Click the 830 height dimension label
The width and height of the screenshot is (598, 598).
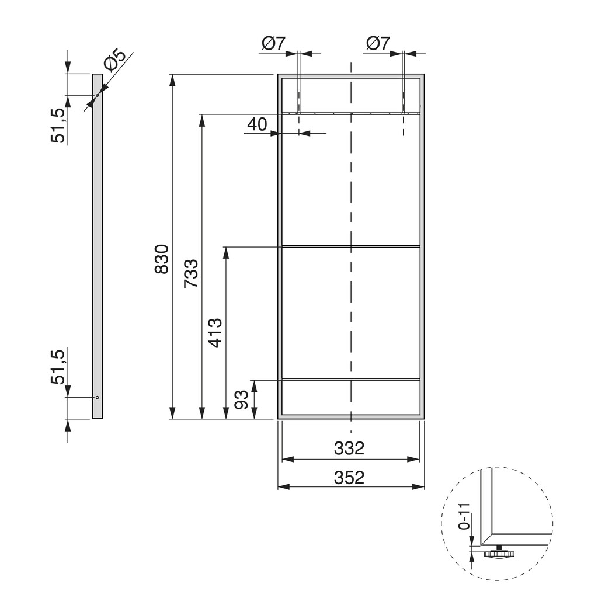(x=162, y=259)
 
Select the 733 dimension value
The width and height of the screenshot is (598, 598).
(x=191, y=273)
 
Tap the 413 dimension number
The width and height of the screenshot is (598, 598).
(x=215, y=333)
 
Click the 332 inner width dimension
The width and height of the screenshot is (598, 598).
(x=349, y=448)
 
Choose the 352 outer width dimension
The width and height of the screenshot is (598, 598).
(x=349, y=478)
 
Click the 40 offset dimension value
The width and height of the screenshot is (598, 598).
(x=257, y=124)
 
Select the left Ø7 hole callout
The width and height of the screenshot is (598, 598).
(x=273, y=43)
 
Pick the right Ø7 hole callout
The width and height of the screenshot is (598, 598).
(x=378, y=43)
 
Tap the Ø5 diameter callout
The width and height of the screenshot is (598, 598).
(x=114, y=62)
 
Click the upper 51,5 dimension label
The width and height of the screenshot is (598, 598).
(x=58, y=126)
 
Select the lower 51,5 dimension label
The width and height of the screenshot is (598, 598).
(x=58, y=366)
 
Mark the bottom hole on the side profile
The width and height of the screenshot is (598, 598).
(x=98, y=397)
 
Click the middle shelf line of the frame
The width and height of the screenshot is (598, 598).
(x=350, y=246)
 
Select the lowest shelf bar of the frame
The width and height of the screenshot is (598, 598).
(x=350, y=380)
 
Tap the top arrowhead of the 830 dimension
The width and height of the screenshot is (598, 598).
(x=172, y=79)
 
